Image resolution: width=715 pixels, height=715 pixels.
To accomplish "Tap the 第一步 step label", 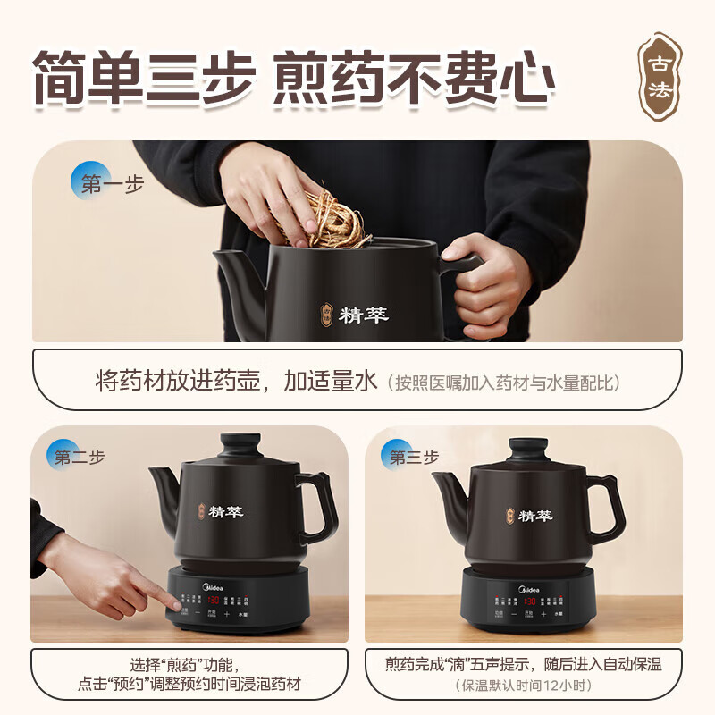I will (x=105, y=184).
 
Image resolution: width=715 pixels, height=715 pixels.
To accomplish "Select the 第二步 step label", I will (x=77, y=457).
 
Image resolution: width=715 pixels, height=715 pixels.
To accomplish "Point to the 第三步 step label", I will (x=413, y=457).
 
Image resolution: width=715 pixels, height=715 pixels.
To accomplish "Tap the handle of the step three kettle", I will (x=606, y=505).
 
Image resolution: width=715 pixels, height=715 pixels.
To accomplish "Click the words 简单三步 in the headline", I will (x=143, y=79).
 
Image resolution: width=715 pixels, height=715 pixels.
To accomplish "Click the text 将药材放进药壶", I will (x=179, y=381).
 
